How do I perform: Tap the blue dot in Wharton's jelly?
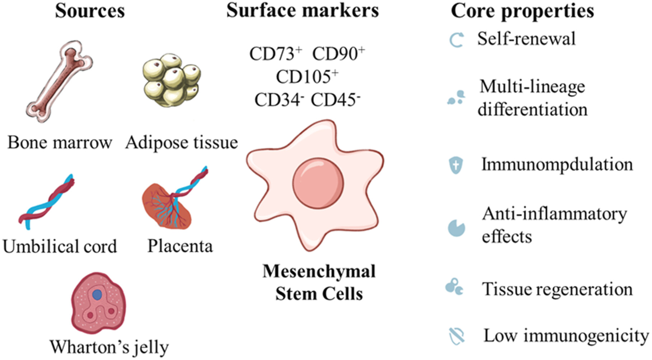(97, 295)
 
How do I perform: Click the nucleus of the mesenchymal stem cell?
(318, 183)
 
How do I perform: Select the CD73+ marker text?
(276, 54)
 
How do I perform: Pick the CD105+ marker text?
(307, 76)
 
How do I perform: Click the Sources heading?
(90, 11)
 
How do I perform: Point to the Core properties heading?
(522, 11)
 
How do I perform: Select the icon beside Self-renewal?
(457, 40)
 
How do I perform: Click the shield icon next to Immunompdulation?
(456, 165)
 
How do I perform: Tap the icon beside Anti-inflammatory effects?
(456, 228)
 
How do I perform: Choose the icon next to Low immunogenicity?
(457, 336)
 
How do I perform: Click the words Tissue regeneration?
(557, 289)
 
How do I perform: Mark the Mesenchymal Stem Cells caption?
(319, 282)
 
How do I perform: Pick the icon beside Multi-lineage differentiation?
(456, 98)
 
